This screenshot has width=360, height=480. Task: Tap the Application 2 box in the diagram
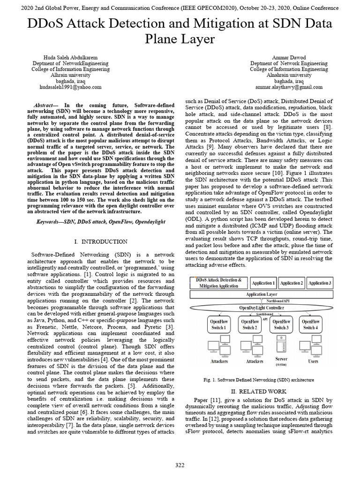click(292, 283)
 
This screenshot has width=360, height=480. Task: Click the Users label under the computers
click(313, 361)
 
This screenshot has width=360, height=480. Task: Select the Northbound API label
click(278, 300)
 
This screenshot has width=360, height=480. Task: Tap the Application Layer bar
click(262, 294)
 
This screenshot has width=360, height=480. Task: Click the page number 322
click(180, 465)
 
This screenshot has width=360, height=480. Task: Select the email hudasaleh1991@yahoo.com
click(70, 87)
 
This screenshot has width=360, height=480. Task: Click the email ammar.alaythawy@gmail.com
click(289, 87)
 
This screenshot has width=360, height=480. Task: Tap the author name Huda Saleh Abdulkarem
click(70, 57)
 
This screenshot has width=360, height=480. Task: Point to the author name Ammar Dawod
click(289, 57)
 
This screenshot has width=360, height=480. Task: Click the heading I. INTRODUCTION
click(101, 241)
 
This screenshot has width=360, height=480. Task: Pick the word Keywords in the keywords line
click(49, 220)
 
